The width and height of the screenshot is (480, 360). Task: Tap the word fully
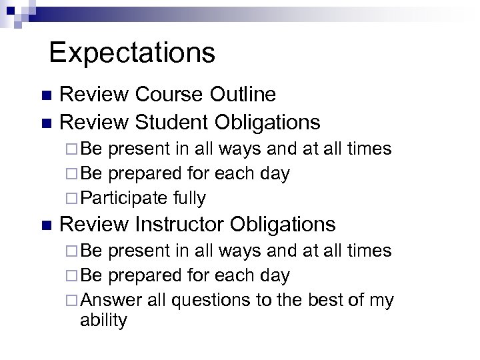click(189, 198)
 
